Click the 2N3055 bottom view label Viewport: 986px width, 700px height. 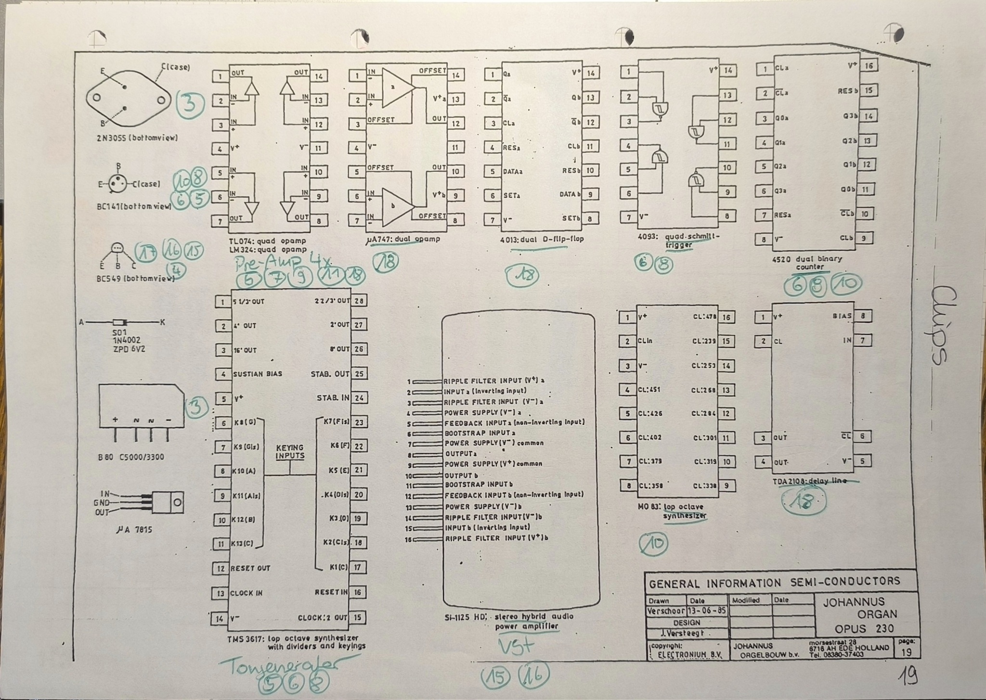point(136,138)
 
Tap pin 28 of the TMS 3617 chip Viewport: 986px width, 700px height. point(359,301)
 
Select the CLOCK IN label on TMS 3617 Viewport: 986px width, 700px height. point(246,593)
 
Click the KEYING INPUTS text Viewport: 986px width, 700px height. point(290,452)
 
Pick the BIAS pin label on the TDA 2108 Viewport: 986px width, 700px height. point(842,316)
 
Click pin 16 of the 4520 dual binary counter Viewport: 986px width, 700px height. point(869,66)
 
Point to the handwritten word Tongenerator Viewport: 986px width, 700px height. point(280,666)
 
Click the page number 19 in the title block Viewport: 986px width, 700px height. point(907,652)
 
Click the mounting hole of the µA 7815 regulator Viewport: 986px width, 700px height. point(178,503)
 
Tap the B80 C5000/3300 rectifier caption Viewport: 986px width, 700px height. point(131,457)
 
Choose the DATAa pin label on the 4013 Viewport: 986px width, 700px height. point(513,171)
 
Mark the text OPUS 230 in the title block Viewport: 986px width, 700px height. point(864,628)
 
